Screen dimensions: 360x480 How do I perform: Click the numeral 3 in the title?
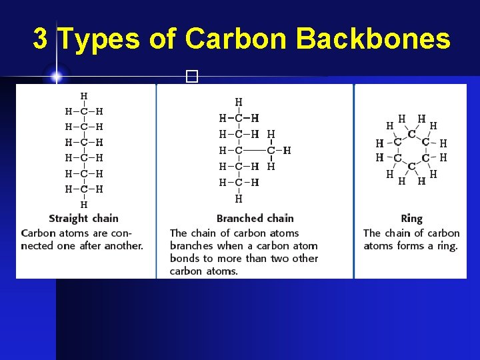(x=40, y=39)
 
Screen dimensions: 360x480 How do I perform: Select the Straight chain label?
(x=83, y=218)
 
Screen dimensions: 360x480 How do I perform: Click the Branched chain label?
(x=255, y=218)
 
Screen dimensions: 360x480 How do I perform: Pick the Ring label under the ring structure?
(x=411, y=218)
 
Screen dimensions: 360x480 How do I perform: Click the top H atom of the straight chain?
(x=83, y=96)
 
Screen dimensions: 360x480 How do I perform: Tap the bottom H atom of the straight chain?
(x=83, y=204)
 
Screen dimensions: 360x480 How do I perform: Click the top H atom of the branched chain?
(x=239, y=102)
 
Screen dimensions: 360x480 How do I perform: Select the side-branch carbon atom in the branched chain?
(x=271, y=150)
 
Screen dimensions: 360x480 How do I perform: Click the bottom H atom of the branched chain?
(x=239, y=198)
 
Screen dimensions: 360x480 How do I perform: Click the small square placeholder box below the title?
(x=193, y=77)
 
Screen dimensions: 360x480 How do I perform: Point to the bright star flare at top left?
(x=56, y=77)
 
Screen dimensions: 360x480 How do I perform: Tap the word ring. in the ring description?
(x=447, y=245)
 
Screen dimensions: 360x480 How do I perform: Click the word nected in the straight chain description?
(x=39, y=245)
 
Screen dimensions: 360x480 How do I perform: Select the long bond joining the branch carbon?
(x=255, y=150)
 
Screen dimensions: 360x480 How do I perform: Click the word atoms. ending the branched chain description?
(x=222, y=271)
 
